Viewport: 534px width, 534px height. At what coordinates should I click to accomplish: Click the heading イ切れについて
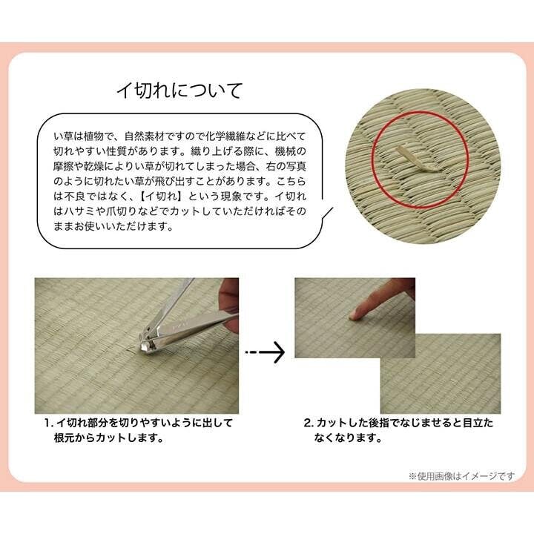[x=179, y=90]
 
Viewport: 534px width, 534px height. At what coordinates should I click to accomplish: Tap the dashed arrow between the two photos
[x=265, y=352]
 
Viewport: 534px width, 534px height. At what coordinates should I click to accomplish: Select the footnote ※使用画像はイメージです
[x=462, y=476]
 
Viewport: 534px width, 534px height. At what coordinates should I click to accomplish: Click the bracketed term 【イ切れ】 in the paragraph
[x=160, y=197]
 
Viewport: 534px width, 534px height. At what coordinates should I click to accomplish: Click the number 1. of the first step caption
[x=49, y=423]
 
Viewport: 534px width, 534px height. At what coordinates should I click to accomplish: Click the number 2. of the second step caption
[x=309, y=423]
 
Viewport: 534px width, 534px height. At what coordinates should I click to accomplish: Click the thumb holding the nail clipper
[x=229, y=289]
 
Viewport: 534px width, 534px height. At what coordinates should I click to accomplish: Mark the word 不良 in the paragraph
[x=74, y=197]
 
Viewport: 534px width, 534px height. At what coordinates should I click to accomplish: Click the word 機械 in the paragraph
[x=285, y=151]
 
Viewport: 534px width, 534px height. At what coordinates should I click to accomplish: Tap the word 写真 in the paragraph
[x=296, y=167]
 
